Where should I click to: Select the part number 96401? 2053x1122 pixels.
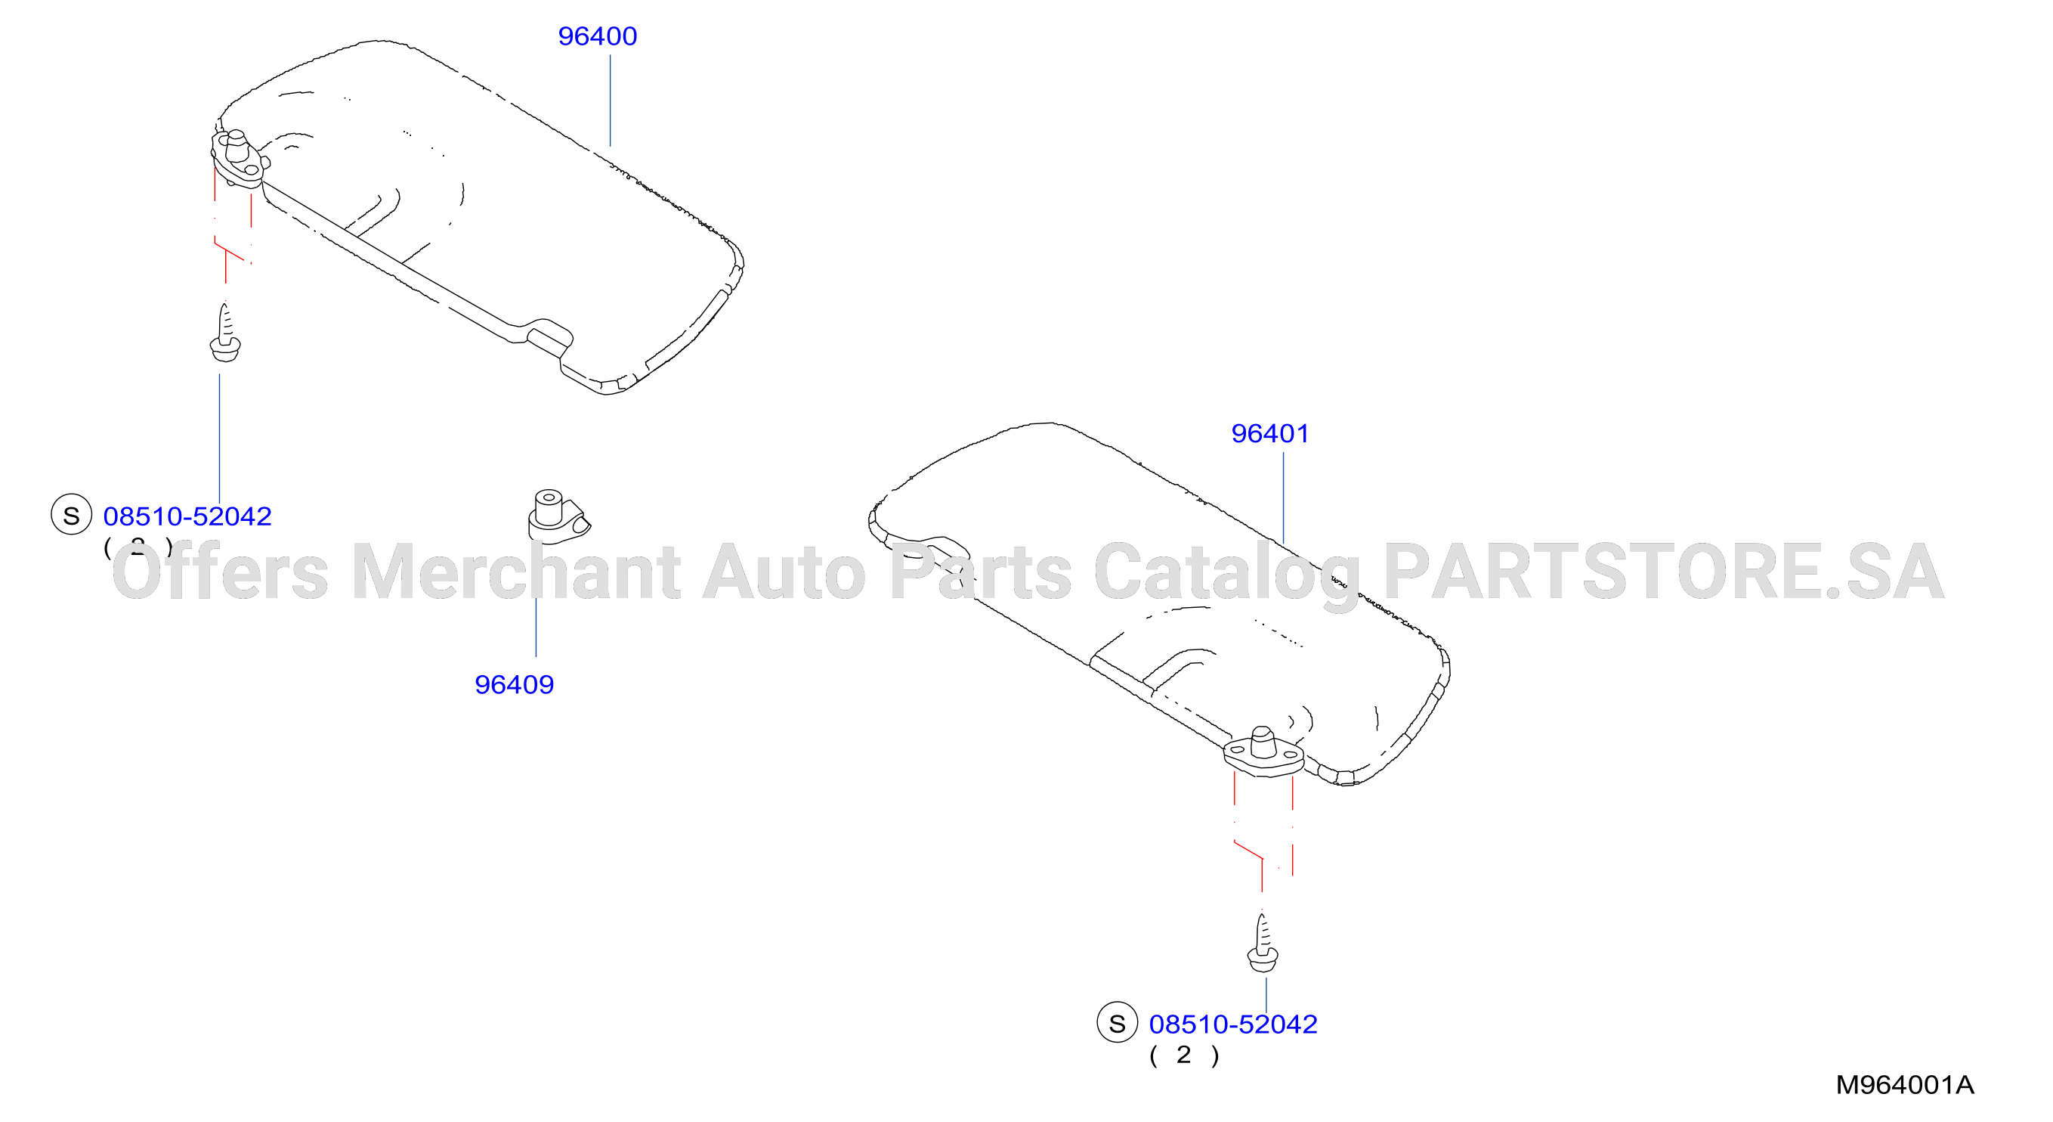[x=1269, y=434]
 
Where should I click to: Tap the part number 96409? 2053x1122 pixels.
[x=514, y=685]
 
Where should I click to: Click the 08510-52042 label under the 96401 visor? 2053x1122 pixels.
[x=1233, y=1024]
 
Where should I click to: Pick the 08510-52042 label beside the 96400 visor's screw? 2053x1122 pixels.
[x=187, y=516]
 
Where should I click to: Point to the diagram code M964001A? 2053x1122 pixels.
[x=1905, y=1085]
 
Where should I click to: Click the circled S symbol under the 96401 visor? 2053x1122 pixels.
[x=1118, y=1023]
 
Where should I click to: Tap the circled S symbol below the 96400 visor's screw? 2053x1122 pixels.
[x=72, y=515]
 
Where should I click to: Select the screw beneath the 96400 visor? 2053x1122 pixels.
[x=224, y=333]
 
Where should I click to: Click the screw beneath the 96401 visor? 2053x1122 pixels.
[x=1263, y=943]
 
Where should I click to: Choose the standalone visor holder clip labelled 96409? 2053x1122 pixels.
[x=558, y=516]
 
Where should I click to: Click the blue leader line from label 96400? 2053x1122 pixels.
[x=611, y=101]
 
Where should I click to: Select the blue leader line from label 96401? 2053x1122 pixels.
[x=1283, y=497]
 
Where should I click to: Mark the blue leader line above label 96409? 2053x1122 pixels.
[x=536, y=628]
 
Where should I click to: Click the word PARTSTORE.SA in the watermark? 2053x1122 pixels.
[x=1664, y=571]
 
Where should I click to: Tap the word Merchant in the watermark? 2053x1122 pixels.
[x=515, y=571]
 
